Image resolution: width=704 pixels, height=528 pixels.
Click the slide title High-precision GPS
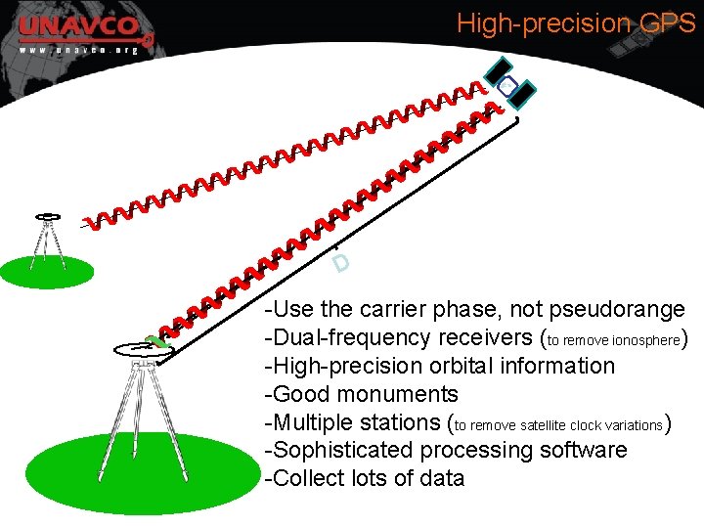[576, 23]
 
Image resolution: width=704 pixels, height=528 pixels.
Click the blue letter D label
[340, 263]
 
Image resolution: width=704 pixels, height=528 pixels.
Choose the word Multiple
[312, 423]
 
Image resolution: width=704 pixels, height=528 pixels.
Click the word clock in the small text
[578, 425]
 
